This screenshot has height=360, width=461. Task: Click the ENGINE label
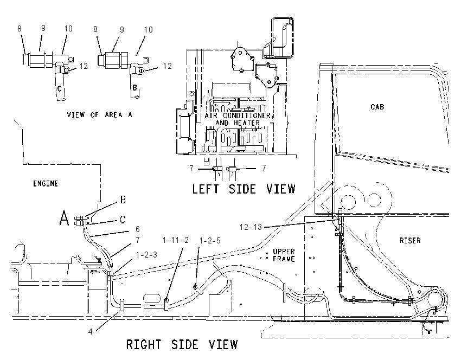pos(45,184)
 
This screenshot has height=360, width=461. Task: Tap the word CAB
pos(377,107)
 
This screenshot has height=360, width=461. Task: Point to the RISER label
pos(410,240)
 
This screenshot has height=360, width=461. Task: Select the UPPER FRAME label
pos(284,255)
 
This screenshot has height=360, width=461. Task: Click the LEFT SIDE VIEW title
pos(244,189)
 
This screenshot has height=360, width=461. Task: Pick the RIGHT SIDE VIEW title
pos(182,344)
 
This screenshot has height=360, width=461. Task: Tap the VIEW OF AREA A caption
pos(99,114)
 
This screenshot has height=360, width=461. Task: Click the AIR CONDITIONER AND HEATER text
pos(238,119)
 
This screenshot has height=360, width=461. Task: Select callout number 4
pos(90,331)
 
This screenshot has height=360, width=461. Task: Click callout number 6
pos(137,229)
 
